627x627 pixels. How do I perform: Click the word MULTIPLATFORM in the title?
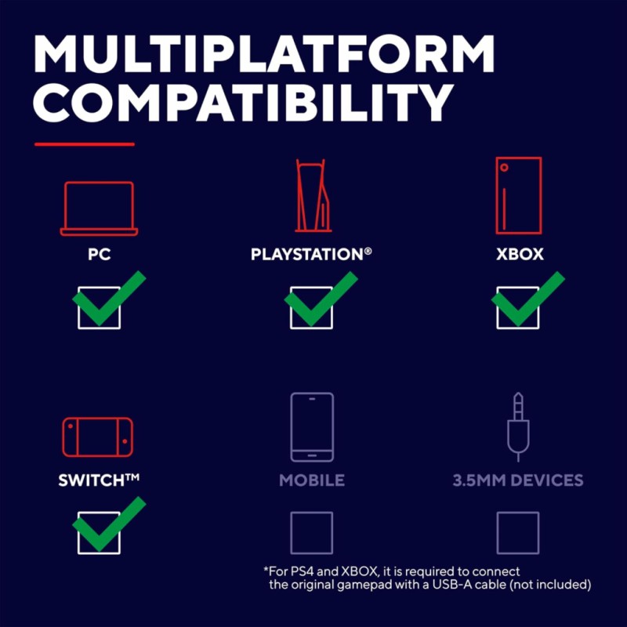[x=264, y=53]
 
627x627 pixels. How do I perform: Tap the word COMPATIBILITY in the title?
[x=243, y=103]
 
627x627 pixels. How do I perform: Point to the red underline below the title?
[x=85, y=144]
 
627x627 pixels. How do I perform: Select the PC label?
[x=100, y=254]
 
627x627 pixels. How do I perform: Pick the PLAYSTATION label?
[x=311, y=254]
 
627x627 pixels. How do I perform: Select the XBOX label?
[x=520, y=254]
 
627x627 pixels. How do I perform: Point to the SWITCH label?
[x=99, y=480]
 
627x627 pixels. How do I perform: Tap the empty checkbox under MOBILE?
[x=291, y=533]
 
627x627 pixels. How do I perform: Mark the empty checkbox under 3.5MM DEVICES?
[x=497, y=533]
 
